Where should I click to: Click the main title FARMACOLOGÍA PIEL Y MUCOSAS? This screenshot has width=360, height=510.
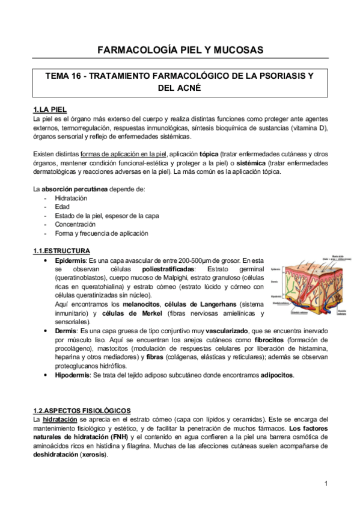tap(180, 50)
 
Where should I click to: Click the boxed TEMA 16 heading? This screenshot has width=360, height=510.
tap(180, 82)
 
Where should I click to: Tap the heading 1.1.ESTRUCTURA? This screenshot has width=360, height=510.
tap(61, 250)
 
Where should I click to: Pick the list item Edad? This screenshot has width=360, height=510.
tap(61, 207)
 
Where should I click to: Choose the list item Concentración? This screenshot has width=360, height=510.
tap(75, 224)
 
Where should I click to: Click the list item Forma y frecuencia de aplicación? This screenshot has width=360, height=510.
tap(101, 233)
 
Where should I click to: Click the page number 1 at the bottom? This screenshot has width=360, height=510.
tap(325, 484)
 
